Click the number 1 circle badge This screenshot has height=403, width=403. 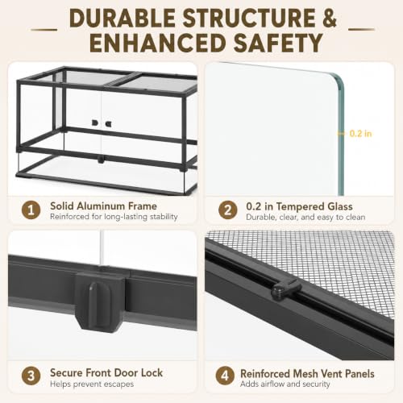(x=31, y=210)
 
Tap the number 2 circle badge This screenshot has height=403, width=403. (x=227, y=210)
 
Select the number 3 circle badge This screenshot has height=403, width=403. (x=31, y=376)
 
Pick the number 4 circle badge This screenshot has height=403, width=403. (x=225, y=376)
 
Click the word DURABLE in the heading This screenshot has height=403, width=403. (x=123, y=18)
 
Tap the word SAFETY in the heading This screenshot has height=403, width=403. (x=278, y=43)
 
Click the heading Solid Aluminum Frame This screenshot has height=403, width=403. (x=103, y=206)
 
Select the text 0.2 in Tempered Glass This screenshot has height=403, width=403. (x=299, y=206)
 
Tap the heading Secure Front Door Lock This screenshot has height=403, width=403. (x=106, y=372)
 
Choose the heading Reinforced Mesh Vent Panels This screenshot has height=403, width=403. (x=307, y=374)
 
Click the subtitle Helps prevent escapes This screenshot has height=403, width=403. (x=92, y=384)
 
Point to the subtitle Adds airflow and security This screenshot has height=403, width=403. (x=285, y=384)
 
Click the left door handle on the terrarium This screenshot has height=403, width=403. (x=94, y=123)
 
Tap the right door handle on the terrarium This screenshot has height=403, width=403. (x=109, y=123)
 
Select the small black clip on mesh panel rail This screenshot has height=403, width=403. (x=285, y=289)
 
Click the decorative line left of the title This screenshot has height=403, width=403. (x=44, y=29)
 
